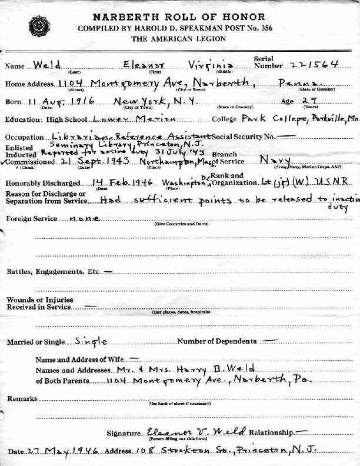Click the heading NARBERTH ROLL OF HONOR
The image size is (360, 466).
tap(180, 18)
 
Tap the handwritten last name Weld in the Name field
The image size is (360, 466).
tap(47, 65)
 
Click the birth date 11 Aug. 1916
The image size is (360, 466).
tap(55, 101)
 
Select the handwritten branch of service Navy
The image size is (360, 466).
tap(275, 159)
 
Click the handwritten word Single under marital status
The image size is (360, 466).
tap(91, 341)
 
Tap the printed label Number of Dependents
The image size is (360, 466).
tap(217, 341)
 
